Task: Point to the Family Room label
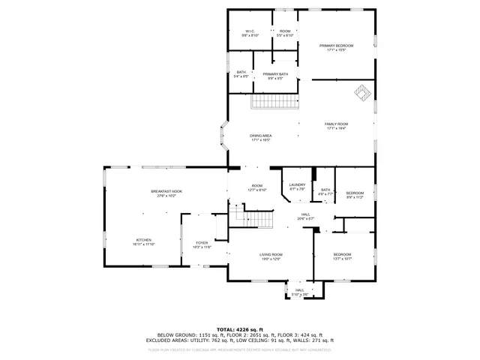click(336, 126)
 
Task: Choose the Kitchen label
click(144, 242)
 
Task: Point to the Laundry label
click(297, 187)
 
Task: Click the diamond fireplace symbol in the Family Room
click(362, 91)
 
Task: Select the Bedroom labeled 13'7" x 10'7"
click(342, 257)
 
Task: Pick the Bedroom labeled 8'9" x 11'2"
click(355, 195)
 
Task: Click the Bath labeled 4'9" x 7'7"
click(325, 192)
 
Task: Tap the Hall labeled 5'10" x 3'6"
click(298, 292)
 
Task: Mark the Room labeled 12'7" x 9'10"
click(256, 187)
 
